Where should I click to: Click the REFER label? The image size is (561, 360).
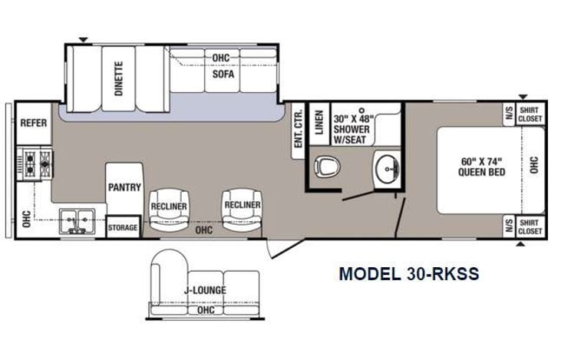pos(33,124)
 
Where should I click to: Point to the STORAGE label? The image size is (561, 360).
pos(123,228)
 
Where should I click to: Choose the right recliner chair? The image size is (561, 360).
pos(242,205)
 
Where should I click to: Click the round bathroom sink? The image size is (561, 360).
pos(383,167)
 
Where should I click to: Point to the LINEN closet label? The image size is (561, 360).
pos(318,123)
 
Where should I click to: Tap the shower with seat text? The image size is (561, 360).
pos(352,128)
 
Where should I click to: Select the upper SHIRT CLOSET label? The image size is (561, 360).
pos(530,114)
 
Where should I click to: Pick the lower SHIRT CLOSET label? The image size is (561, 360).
pos(530,226)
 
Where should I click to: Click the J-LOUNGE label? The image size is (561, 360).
pos(198,292)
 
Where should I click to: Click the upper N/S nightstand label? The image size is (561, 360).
pos(509,114)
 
